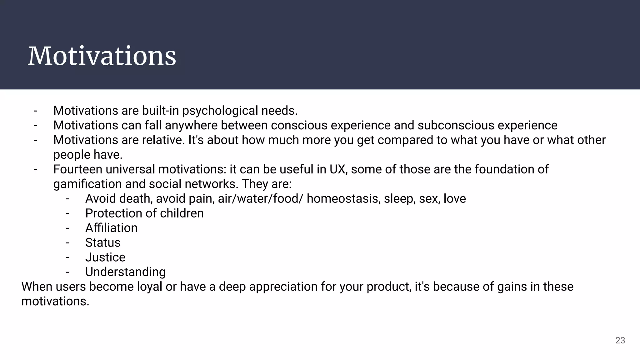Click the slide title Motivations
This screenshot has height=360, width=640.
tap(102, 56)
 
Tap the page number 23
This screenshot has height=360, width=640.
tap(620, 340)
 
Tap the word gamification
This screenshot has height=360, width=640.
tap(87, 184)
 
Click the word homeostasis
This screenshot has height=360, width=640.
tap(342, 199)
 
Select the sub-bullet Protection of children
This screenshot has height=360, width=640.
tap(144, 213)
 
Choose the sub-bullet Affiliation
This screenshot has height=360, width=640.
tap(111, 228)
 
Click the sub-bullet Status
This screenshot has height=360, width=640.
tap(103, 243)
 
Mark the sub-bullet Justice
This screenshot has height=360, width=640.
tap(105, 257)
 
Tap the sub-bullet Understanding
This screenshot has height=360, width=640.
tap(125, 272)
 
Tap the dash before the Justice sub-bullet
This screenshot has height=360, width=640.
tap(67, 257)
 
